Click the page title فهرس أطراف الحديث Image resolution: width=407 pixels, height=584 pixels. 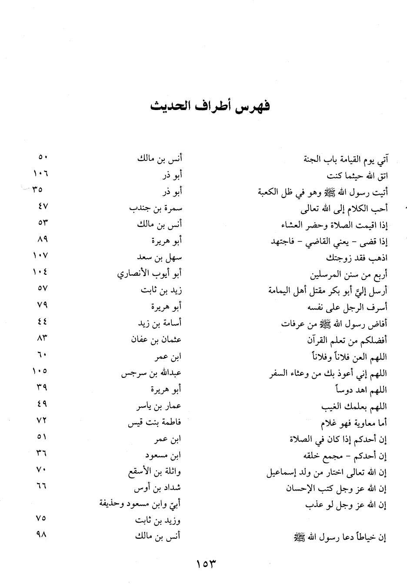210,106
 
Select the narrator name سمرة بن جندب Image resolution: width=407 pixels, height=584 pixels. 156,208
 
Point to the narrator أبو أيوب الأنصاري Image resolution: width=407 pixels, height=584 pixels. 149,274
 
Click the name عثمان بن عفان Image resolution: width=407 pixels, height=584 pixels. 156,340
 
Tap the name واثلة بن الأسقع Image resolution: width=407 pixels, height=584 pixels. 154,471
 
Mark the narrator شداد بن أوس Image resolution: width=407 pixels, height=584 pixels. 157,488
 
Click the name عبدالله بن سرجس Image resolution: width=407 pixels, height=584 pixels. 151,373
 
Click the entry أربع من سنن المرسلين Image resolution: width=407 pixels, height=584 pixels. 349,274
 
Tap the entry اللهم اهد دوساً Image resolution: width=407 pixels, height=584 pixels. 359,390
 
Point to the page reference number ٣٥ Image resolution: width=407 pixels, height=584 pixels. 37,190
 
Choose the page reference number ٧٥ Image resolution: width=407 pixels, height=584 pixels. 41,518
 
